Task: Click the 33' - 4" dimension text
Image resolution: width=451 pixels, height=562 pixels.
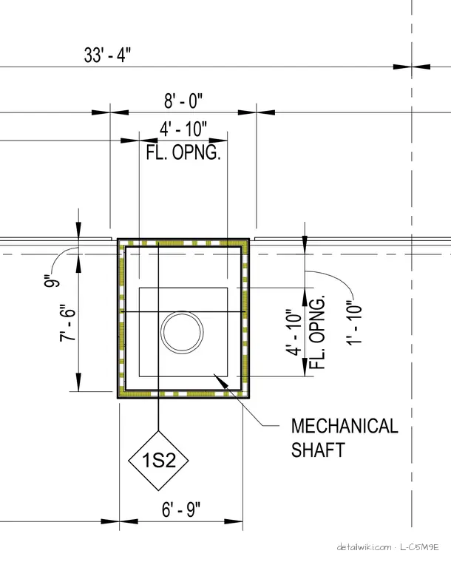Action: pyautogui.click(x=107, y=55)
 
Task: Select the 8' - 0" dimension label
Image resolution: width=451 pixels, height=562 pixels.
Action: pyautogui.click(x=183, y=101)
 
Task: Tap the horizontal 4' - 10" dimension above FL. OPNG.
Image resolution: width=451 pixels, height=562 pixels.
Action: pyautogui.click(x=183, y=129)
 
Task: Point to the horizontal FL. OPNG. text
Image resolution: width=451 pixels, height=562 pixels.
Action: pyautogui.click(x=183, y=152)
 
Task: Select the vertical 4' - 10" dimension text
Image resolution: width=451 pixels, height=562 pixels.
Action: pyautogui.click(x=294, y=333)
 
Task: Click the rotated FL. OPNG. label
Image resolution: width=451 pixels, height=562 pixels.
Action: pyautogui.click(x=317, y=332)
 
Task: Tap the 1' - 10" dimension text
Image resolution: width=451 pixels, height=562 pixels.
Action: pyautogui.click(x=354, y=325)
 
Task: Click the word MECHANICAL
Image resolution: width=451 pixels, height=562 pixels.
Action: pyautogui.click(x=345, y=426)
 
